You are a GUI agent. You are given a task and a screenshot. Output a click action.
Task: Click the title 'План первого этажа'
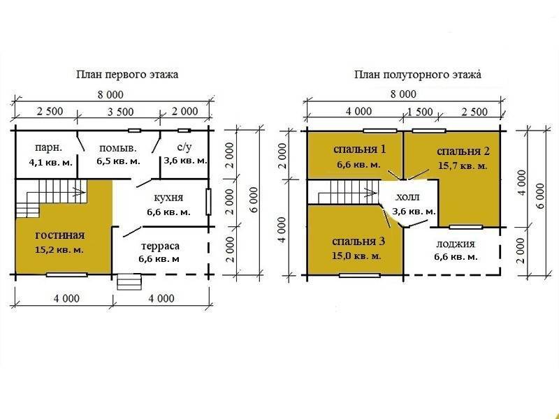tap(127, 75)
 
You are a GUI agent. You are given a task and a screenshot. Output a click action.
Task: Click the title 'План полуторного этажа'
tap(417, 75)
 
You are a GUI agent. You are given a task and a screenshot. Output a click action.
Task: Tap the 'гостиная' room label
tap(60, 235)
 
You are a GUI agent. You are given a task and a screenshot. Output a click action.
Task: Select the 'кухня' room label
tap(168, 198)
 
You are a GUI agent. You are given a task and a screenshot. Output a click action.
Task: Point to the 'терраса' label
tap(160, 247)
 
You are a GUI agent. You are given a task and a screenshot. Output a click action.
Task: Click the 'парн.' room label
tap(48, 147)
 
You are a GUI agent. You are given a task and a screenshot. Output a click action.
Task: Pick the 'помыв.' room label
tap(117, 148)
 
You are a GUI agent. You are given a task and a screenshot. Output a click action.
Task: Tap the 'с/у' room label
tap(184, 147)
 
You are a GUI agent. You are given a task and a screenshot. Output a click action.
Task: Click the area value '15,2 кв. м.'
tap(59, 250)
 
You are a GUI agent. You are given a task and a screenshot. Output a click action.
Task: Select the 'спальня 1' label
tap(359, 149)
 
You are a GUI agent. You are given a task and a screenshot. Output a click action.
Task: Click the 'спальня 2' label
tap(463, 152)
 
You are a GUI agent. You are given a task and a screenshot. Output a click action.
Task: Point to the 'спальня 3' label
tap(358, 242)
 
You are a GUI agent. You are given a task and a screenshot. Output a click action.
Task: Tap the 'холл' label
tap(408, 197)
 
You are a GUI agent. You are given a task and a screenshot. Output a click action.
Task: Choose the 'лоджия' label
tap(456, 244)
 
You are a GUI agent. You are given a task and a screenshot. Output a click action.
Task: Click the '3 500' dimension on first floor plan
tap(120, 112)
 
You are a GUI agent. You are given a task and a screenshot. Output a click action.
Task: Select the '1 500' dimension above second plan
tap(420, 112)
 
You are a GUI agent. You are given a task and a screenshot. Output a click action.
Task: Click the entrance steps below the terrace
tap(129, 282)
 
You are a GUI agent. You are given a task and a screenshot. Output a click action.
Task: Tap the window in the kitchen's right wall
tap(208, 202)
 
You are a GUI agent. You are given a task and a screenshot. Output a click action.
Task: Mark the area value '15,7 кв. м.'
tap(463, 166)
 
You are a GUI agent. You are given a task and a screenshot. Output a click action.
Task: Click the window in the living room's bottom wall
tap(66, 274)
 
